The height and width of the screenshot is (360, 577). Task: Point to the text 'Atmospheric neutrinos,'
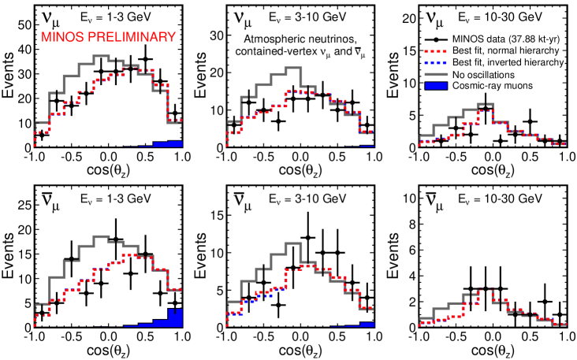(301, 38)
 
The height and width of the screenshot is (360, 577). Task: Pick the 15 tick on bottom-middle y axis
(214, 231)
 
